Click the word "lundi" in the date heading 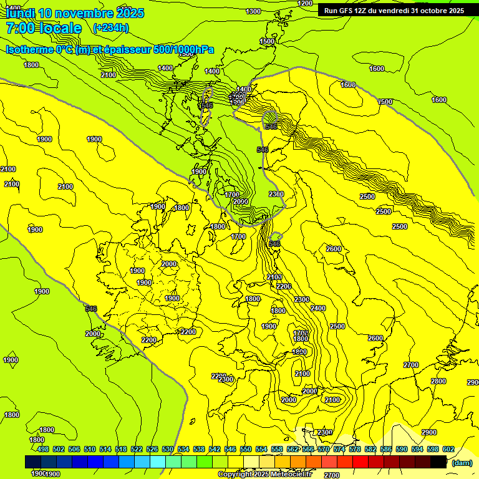[20, 13]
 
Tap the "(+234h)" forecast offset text [110, 27]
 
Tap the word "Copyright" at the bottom [235, 475]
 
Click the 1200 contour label [305, 3]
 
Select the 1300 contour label [253, 11]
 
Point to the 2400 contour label [318, 308]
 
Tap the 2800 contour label [438, 381]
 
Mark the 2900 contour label [428, 432]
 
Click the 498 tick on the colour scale [43, 449]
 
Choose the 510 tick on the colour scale [90, 449]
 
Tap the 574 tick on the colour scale [339, 449]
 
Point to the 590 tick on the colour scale [402, 449]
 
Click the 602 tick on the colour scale [448, 449]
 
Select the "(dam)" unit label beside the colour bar [462, 462]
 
